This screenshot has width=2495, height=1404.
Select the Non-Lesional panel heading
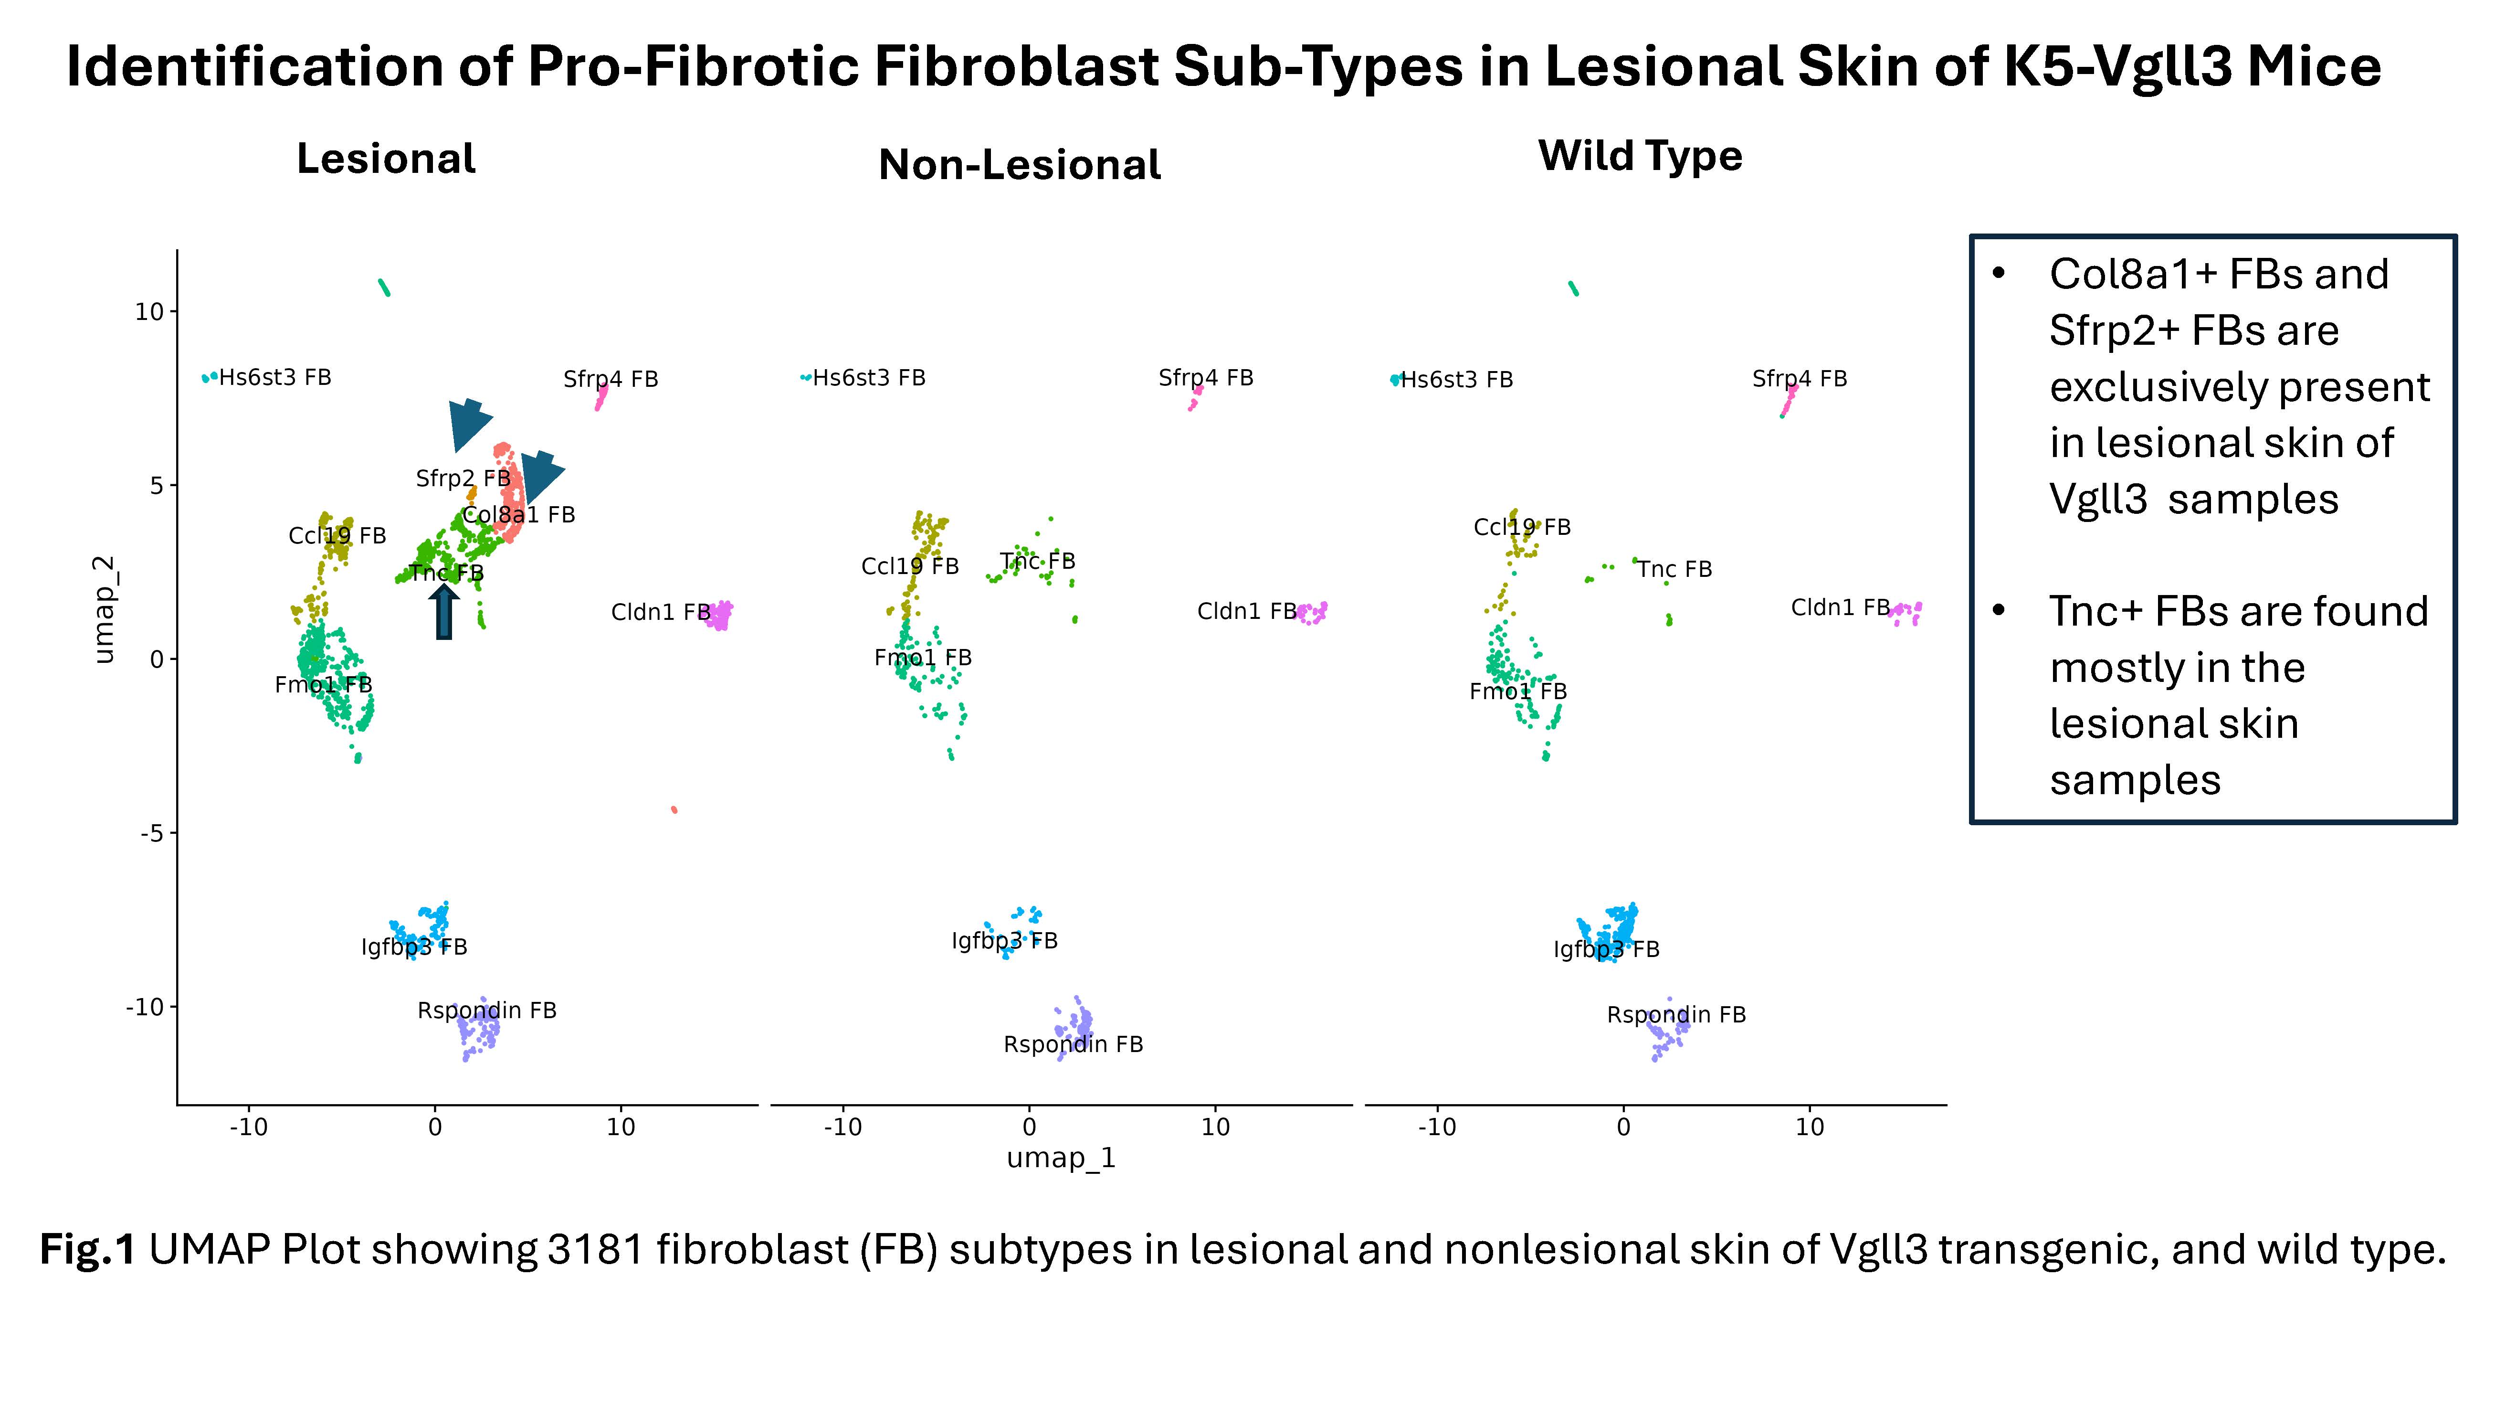tap(1019, 165)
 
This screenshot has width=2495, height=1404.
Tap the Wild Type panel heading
tap(1640, 156)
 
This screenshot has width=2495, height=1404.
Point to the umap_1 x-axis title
tap(1062, 1158)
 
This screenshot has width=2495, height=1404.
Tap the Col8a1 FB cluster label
tap(519, 514)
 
